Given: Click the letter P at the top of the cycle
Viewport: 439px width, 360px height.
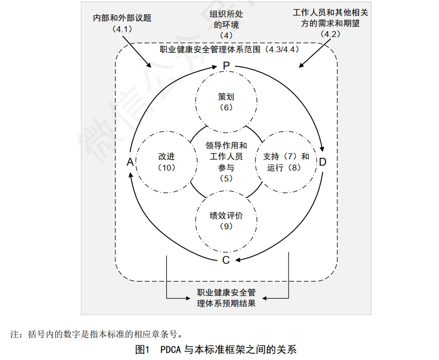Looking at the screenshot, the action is point(226,66).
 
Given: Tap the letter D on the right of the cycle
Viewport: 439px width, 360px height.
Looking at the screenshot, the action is point(323,162).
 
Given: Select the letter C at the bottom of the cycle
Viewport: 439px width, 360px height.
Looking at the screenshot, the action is point(226,260).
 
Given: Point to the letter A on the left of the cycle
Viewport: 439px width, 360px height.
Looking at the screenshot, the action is point(130,162).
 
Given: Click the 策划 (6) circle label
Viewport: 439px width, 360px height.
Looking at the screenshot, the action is point(226,102).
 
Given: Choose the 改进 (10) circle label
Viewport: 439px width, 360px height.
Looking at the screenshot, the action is point(167,162).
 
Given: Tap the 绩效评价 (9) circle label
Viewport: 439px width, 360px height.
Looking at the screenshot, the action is point(226,220).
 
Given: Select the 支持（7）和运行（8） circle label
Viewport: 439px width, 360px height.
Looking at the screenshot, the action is point(286,162).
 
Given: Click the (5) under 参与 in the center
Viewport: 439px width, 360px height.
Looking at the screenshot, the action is point(226,179).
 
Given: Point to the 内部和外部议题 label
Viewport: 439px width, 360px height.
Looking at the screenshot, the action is point(122,18).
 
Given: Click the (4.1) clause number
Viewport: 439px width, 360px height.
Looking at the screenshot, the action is point(122,29).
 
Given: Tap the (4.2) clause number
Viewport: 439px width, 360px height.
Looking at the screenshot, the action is point(330,34).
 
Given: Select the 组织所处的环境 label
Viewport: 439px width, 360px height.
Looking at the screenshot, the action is point(226,19).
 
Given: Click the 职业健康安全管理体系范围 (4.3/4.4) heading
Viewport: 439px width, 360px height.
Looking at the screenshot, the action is point(229,49).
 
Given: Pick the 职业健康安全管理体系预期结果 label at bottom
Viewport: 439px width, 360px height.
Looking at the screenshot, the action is point(226,298).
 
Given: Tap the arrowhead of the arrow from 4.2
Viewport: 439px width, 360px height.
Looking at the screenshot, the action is point(301,66).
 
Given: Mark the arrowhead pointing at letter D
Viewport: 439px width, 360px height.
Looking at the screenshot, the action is point(323,148).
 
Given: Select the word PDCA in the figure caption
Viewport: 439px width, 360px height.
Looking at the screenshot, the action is point(171,349).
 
